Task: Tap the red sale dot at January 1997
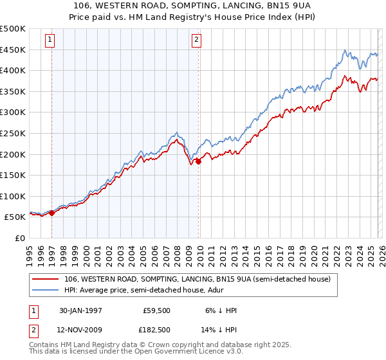[x=52, y=213]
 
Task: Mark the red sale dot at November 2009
[x=198, y=161]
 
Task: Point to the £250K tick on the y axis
[x=13, y=133]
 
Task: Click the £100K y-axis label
[x=13, y=196]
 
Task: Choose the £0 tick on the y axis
[x=19, y=238]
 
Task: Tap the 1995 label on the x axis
[x=30, y=255]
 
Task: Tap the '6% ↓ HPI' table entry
[x=221, y=310]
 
